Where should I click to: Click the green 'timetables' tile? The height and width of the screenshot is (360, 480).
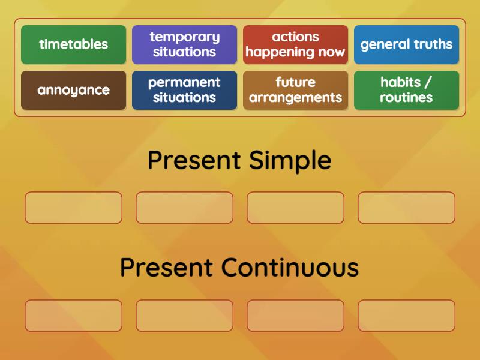click(73, 44)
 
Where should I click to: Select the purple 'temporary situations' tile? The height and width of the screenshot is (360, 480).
click(184, 44)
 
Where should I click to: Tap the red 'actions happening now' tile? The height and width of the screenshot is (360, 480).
click(295, 44)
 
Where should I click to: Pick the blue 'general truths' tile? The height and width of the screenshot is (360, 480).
click(406, 44)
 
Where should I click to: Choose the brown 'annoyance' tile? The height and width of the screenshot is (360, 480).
click(73, 91)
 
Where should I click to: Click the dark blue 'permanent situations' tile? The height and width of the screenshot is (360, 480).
click(184, 91)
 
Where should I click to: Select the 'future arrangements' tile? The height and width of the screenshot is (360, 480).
click(295, 91)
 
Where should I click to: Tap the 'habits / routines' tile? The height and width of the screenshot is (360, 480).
click(406, 91)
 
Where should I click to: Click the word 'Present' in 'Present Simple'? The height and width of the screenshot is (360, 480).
click(194, 161)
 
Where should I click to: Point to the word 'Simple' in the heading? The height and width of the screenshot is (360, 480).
click(290, 161)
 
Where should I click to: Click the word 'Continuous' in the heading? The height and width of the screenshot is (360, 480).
click(290, 268)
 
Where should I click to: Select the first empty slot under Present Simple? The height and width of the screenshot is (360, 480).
click(73, 208)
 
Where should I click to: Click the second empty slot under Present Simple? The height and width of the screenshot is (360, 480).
click(184, 208)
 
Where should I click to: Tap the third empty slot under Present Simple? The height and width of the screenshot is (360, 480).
click(295, 208)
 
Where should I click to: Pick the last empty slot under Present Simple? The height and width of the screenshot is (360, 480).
click(406, 208)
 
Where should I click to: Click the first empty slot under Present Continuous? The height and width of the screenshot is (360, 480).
click(73, 316)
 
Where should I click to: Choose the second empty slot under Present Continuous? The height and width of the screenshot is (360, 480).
click(184, 316)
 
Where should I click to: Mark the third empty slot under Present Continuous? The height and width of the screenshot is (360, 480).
click(295, 316)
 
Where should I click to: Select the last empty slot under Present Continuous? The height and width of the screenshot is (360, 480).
click(406, 316)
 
